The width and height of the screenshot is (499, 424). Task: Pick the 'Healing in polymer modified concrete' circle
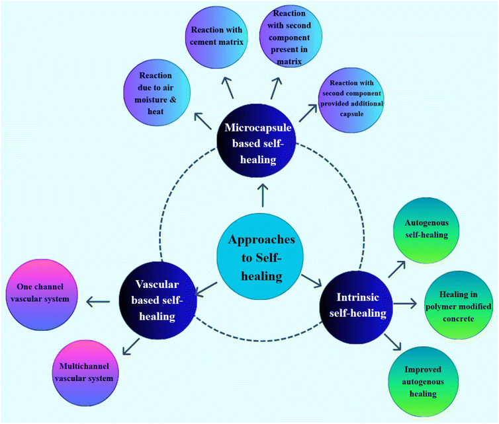[457, 304]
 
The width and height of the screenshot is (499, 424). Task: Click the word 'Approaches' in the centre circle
[259, 240]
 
